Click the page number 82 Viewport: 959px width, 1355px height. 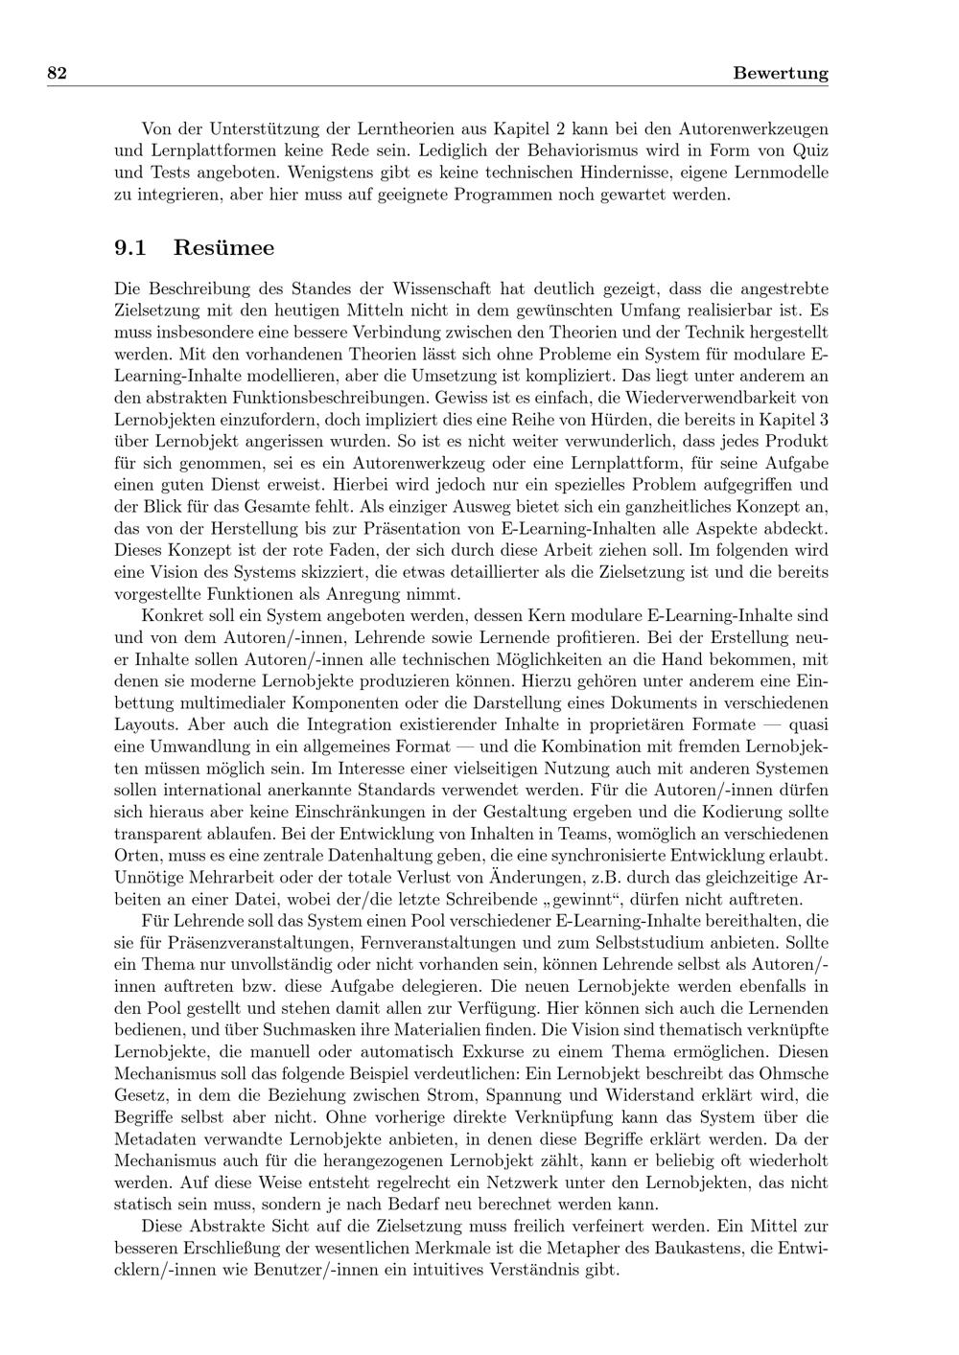(x=56, y=74)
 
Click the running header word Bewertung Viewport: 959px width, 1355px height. (x=780, y=74)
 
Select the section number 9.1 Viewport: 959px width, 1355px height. (x=129, y=248)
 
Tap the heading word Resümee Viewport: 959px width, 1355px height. (x=223, y=248)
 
